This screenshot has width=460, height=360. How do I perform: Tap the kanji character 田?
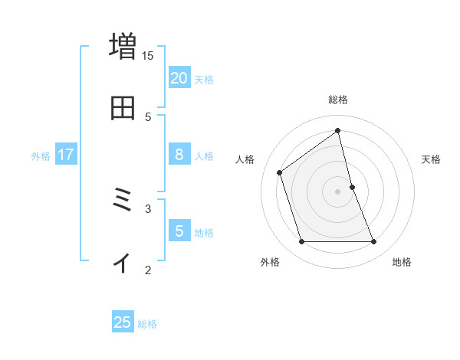[123, 108]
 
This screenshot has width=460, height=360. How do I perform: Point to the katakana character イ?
[122, 262]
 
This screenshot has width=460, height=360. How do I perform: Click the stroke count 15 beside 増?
[148, 56]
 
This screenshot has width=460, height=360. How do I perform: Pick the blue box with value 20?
[179, 77]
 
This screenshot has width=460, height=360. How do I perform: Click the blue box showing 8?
[179, 155]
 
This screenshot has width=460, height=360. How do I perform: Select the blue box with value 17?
[66, 155]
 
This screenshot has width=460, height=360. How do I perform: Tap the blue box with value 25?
[123, 322]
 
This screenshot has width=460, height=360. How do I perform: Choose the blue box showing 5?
[179, 231]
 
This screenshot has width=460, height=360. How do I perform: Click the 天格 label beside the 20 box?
[204, 79]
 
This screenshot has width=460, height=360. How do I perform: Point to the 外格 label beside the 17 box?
[41, 156]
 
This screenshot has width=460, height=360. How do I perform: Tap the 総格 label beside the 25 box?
[147, 324]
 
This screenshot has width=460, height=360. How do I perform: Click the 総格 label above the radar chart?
[338, 100]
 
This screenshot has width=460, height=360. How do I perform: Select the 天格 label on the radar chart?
[432, 159]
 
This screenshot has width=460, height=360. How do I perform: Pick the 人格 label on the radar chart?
[245, 159]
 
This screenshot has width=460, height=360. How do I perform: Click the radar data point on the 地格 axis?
[374, 242]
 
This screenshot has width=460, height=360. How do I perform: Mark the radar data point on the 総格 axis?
[338, 131]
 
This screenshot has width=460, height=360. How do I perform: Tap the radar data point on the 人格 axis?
[280, 172]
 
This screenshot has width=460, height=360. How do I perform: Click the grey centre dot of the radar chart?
[338, 191]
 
